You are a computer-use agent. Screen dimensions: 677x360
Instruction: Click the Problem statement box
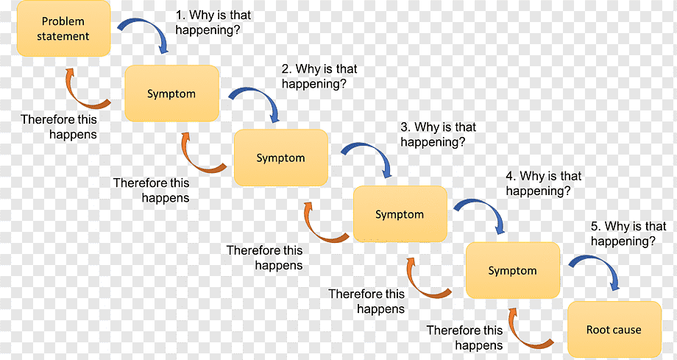pos(63,29)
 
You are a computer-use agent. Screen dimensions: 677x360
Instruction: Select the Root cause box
pos(614,329)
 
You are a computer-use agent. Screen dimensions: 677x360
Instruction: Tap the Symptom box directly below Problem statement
pos(172,93)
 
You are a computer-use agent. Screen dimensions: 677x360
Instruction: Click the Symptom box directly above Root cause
pos(512,270)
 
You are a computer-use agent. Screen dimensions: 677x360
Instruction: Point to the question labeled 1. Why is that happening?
pos(213,23)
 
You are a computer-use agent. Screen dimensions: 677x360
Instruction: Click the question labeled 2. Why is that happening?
pos(319,76)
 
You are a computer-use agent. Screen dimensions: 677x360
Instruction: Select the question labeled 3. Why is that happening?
pos(439,135)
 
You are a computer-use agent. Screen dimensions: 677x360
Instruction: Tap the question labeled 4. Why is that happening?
pos(544,183)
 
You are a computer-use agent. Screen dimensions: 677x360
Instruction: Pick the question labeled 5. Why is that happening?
pos(628,233)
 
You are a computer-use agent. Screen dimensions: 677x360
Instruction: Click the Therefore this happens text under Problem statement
pos(59,127)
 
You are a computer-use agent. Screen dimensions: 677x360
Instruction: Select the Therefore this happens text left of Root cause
pos(465,337)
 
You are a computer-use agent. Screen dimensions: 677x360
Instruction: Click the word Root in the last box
pos(596,330)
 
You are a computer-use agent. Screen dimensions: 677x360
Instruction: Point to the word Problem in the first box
pos(63,21)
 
